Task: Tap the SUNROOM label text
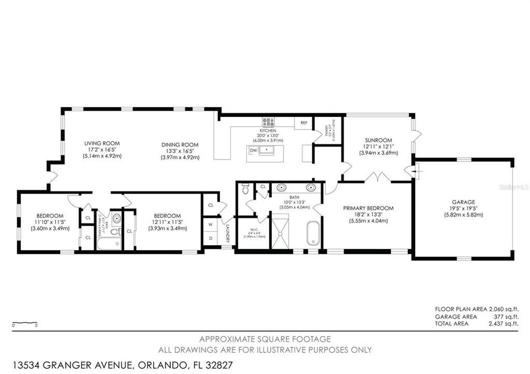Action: (378, 140)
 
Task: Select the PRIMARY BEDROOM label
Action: (368, 208)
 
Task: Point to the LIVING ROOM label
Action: (102, 143)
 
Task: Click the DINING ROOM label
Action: (179, 144)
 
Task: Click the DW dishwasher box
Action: (254, 150)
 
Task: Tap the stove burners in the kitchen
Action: (268, 123)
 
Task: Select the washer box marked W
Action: (210, 225)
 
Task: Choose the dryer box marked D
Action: (210, 239)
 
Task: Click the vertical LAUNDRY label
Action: (227, 233)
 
